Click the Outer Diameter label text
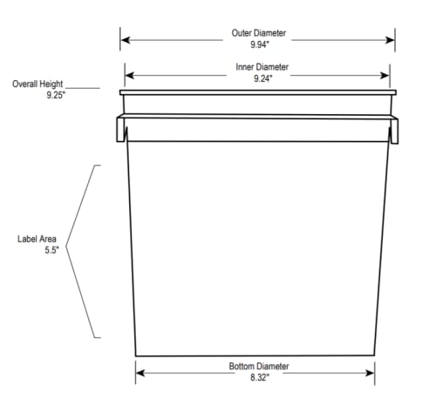pos(259,33)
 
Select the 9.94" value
pos(260,44)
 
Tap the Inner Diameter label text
pos(262,67)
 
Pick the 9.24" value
pos(263,78)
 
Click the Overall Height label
pos(37,84)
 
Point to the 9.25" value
pos(56,95)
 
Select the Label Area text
pos(37,239)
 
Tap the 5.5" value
pos(51,250)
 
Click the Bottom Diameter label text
pos(259,366)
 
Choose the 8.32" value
pos(260,377)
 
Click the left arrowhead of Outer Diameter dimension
pos(126,40)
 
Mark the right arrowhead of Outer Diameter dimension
pos(390,40)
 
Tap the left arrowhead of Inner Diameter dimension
pos(130,76)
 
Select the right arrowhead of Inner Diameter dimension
pos(385,76)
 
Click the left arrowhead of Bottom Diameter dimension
pos(140,373)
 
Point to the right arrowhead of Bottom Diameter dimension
pos(370,373)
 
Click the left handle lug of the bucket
pos(120,130)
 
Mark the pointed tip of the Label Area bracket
pos(66,247)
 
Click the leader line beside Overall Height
pos(83,88)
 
